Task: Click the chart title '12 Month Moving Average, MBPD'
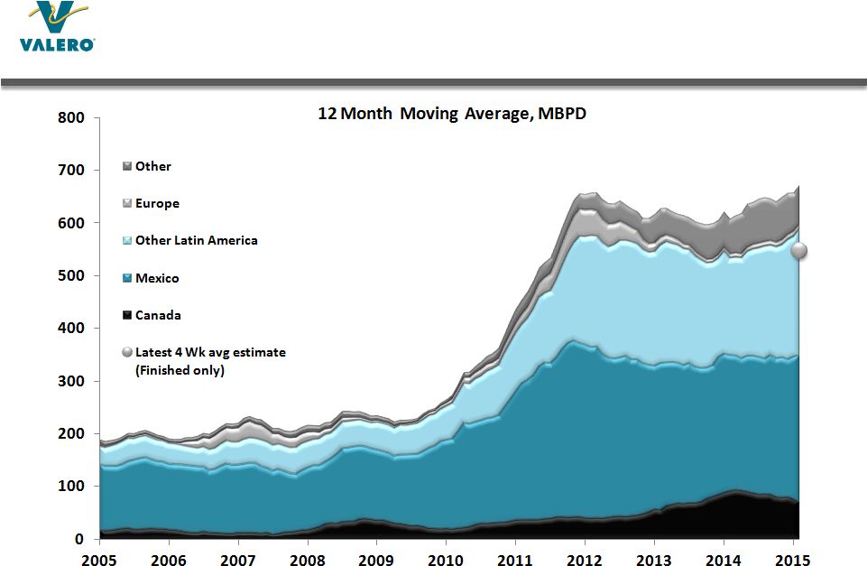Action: coord(451,115)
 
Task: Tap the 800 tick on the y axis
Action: coord(71,118)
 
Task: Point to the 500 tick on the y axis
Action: coord(71,276)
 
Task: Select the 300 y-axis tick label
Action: coord(71,382)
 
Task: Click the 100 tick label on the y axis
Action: coord(71,487)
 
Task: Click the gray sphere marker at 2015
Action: coord(799,252)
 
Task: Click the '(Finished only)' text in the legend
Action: coord(180,370)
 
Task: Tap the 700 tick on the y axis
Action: coord(71,171)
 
